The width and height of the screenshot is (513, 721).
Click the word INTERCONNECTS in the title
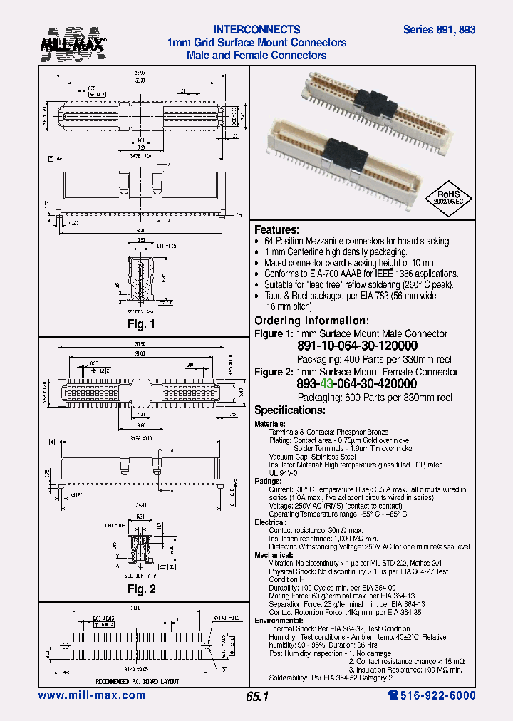coord(257,30)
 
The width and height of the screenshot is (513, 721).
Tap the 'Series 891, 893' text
coord(439,30)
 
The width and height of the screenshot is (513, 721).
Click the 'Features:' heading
coord(277,229)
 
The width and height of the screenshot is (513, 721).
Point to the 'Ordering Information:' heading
coord(311,321)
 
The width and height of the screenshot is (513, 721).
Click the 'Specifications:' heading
coord(290,410)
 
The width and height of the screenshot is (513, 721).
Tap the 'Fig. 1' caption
coord(141,325)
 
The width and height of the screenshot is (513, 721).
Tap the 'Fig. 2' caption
coord(141,589)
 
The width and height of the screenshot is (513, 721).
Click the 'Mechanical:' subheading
coord(274,555)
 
